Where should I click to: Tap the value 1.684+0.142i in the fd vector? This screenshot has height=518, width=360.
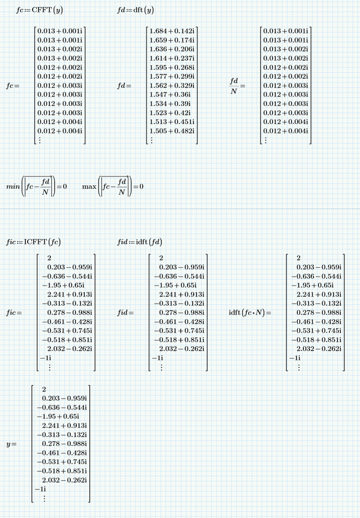tap(171, 31)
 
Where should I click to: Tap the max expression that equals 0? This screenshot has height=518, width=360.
tap(112, 186)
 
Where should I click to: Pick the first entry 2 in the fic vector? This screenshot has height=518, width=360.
tap(49, 258)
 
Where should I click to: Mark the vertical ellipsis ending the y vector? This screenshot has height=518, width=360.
tap(44, 498)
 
